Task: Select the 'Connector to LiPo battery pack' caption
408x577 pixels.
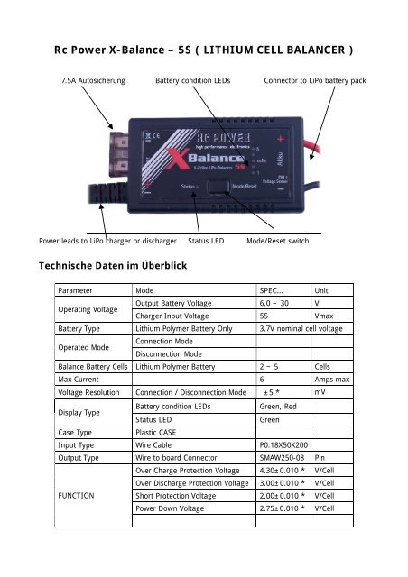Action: point(314,81)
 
